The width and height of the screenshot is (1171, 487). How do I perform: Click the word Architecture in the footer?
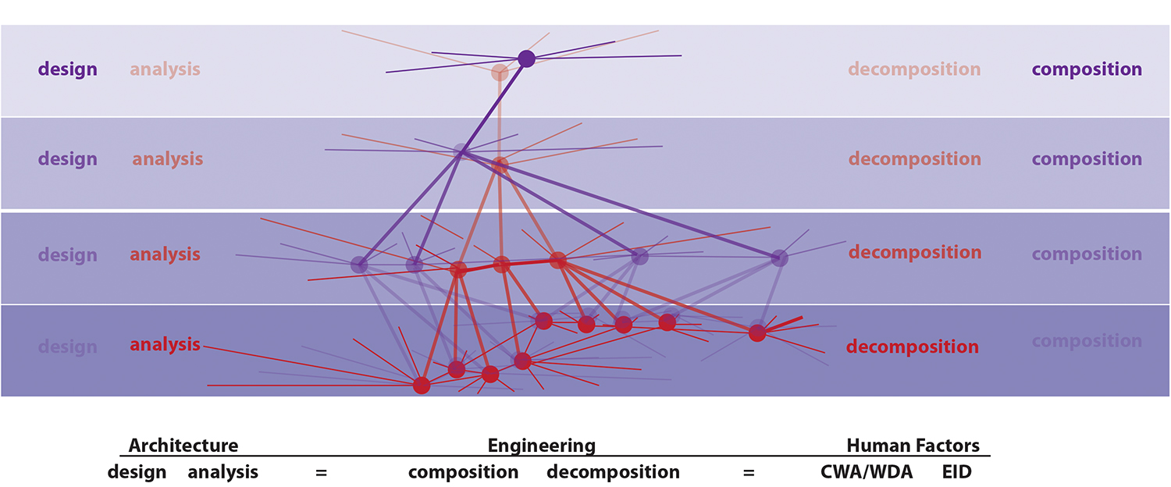(183, 446)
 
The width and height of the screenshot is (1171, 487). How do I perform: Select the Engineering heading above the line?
(541, 446)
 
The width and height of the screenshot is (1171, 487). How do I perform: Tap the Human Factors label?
(913, 446)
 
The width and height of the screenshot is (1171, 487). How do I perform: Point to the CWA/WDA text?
(867, 472)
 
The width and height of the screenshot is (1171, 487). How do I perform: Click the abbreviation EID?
(956, 472)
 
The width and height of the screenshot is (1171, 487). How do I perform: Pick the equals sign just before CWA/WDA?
(749, 472)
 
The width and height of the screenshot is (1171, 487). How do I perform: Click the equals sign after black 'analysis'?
(321, 472)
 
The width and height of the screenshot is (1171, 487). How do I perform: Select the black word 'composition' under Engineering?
(463, 472)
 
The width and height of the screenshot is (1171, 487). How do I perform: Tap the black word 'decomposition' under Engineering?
(613, 472)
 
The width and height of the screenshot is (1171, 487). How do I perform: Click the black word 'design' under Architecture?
(137, 472)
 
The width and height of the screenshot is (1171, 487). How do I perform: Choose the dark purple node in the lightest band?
(526, 59)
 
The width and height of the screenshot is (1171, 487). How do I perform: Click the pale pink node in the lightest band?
(500, 73)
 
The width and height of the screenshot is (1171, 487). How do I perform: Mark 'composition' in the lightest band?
(1087, 69)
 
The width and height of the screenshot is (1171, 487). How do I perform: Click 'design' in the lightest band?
(68, 69)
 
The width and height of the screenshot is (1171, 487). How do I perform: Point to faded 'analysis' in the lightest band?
(165, 69)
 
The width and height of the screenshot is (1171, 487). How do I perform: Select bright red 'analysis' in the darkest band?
(165, 344)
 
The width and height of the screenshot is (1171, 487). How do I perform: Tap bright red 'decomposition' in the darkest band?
(913, 347)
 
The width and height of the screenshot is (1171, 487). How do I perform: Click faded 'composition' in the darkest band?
(1087, 341)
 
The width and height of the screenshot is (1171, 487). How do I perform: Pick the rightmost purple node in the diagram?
(779, 258)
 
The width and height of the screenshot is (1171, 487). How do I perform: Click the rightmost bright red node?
(756, 333)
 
